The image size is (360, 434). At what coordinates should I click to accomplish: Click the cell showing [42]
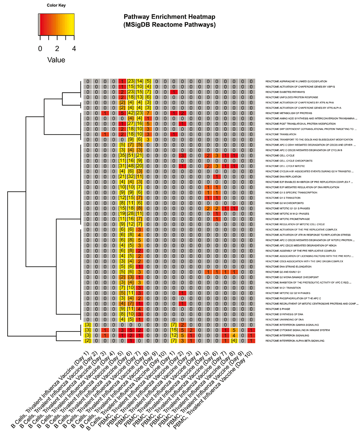[x=131, y=113]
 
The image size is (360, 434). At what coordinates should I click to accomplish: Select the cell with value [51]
[x=131, y=155]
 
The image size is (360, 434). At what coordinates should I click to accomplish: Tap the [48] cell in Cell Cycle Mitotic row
[x=131, y=166]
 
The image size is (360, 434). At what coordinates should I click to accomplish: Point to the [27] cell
[x=131, y=124]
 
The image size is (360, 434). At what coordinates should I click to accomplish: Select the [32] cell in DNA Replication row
[x=131, y=177]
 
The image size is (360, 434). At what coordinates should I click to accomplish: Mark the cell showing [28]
[x=131, y=214]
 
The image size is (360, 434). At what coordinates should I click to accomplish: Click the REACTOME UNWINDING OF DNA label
[x=284, y=320]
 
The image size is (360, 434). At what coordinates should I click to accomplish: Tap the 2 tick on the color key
[x=57, y=49]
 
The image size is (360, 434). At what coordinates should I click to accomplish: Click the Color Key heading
[x=56, y=6]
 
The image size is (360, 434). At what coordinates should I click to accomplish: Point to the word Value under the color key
[x=56, y=60]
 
